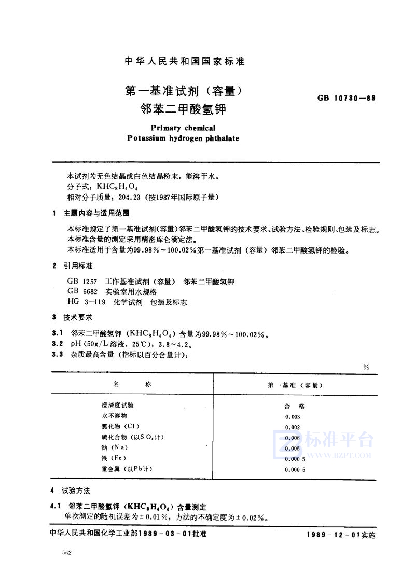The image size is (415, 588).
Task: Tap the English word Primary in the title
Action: tap(164, 128)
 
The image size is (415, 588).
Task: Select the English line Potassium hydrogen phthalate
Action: tap(183, 138)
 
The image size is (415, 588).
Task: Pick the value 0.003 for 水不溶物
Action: tap(293, 416)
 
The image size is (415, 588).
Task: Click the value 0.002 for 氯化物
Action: tap(293, 427)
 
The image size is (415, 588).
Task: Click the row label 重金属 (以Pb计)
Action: tap(127, 469)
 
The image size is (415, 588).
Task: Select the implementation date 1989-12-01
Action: tap(331, 535)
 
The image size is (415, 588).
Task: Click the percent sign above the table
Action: tap(366, 367)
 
